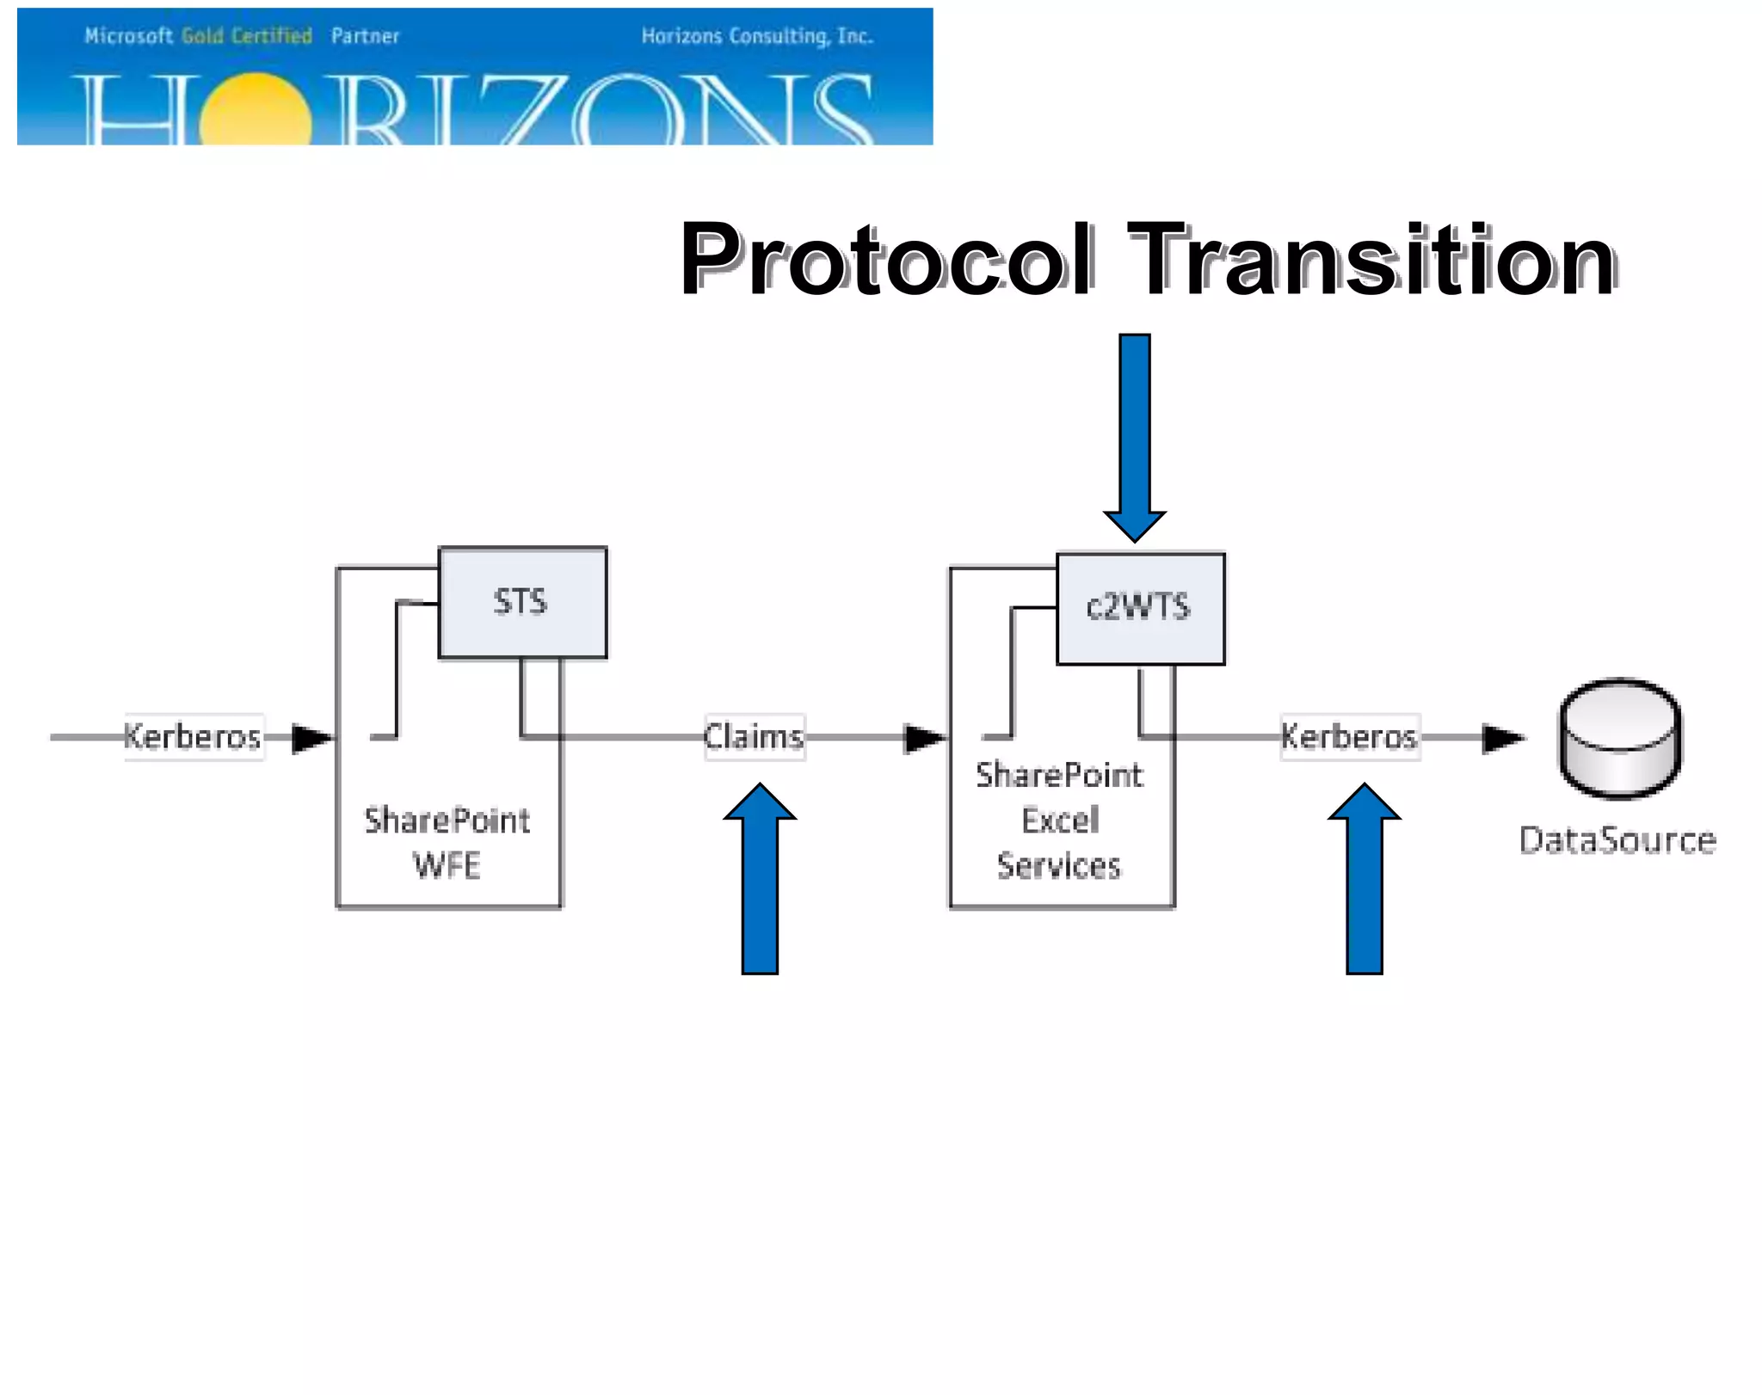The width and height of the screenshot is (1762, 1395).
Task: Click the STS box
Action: click(522, 602)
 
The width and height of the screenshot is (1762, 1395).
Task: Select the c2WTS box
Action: click(1140, 608)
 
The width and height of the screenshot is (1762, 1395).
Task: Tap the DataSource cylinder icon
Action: click(1621, 738)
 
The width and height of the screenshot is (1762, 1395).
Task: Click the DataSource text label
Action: click(1617, 839)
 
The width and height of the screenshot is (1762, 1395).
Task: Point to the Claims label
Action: click(755, 737)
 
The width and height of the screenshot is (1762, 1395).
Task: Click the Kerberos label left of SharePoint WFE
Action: click(193, 737)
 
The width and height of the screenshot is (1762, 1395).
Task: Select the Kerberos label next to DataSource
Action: click(1349, 737)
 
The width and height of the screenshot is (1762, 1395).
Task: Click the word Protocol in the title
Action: click(886, 260)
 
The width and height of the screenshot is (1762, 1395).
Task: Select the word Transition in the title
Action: click(1371, 260)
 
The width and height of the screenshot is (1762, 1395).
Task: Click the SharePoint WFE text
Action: click(447, 843)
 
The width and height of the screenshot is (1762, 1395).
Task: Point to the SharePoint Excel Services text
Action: click(1060, 820)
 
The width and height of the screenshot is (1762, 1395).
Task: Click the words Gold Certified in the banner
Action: click(247, 36)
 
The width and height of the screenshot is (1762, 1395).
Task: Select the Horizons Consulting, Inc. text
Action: click(757, 36)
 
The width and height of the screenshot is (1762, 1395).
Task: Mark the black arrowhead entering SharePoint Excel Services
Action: click(924, 738)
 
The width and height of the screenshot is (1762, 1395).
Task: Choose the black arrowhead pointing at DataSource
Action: click(1502, 738)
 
